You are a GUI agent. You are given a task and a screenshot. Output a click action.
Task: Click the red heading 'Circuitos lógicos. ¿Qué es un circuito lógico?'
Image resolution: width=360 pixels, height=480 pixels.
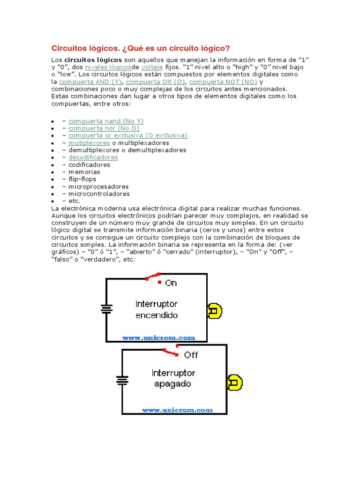140,49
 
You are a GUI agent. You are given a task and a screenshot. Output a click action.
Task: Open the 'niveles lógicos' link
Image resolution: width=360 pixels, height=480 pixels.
105,67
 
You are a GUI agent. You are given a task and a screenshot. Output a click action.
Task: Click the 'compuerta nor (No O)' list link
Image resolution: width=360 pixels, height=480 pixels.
104,128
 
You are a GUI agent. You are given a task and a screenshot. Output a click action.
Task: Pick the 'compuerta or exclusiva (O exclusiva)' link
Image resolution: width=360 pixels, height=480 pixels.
128,135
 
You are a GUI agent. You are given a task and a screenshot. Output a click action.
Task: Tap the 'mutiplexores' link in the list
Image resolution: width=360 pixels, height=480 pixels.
89,143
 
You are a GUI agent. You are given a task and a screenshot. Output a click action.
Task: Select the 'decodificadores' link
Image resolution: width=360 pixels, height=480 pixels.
93,157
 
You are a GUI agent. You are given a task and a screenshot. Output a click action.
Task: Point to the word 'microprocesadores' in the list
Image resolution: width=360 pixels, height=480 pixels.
98,187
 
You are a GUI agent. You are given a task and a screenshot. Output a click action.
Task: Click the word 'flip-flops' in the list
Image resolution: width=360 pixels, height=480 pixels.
82,179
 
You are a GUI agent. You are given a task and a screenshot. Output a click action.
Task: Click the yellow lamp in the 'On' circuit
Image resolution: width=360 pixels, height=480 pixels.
215,311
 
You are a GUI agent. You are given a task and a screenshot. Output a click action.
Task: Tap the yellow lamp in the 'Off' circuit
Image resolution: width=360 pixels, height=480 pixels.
234,382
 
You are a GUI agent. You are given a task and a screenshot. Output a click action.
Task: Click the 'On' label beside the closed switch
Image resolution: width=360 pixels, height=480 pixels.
171,283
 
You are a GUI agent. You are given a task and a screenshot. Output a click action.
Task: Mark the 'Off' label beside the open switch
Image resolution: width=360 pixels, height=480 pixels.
191,355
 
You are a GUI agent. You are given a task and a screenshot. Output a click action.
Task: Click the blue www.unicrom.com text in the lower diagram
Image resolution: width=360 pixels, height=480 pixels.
177,410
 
